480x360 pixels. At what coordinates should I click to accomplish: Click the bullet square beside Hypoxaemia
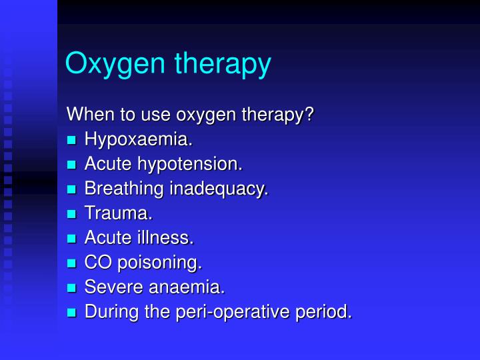(72, 141)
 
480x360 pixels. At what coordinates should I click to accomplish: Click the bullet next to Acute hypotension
(72, 165)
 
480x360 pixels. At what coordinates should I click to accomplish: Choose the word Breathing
(124, 189)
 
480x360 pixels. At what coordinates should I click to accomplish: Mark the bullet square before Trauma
(72, 215)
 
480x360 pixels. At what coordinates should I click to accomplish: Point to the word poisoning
(159, 263)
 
